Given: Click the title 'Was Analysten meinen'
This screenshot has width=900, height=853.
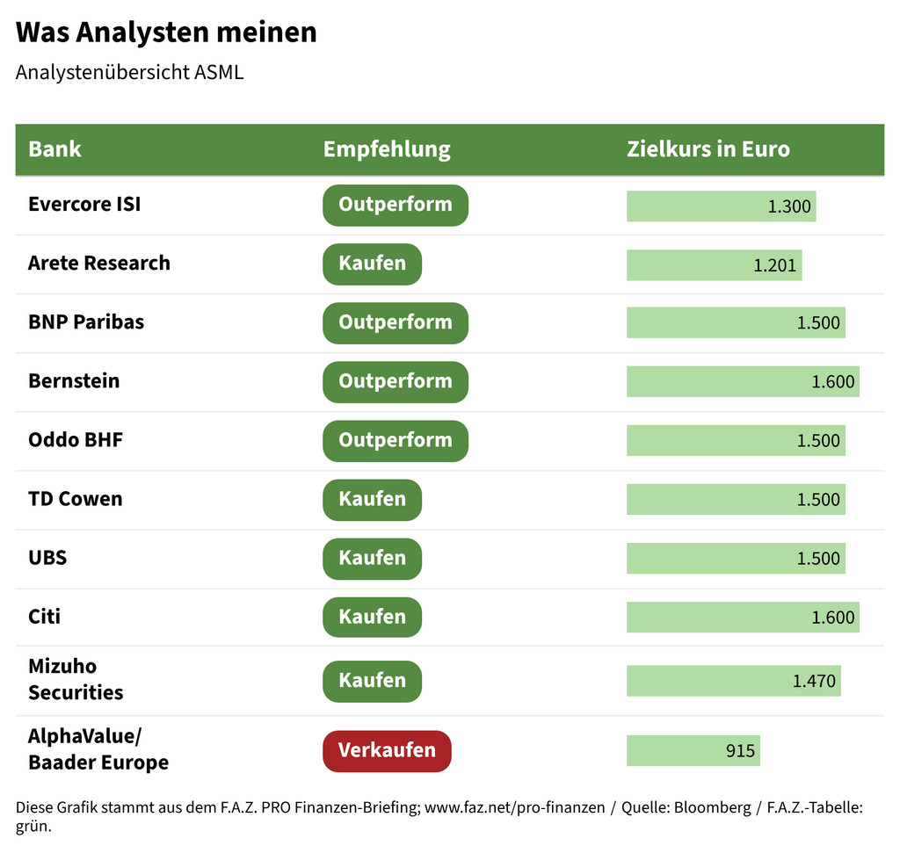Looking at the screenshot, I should click(166, 33).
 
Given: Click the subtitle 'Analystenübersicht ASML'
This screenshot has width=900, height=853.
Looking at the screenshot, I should click(129, 72).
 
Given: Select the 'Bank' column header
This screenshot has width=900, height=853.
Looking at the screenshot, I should click(54, 148).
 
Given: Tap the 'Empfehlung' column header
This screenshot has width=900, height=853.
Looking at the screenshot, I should click(387, 148).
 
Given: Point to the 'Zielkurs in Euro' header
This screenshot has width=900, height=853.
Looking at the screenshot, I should click(708, 148).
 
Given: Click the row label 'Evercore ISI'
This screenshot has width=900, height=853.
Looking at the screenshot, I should click(84, 204).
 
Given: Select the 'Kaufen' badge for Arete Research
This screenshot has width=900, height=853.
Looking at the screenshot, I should click(372, 264).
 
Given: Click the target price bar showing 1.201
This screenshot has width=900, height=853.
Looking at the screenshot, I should click(714, 264).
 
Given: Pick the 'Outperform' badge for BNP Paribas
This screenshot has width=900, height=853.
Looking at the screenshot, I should click(395, 322).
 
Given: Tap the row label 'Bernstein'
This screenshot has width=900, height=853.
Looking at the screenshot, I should click(74, 381).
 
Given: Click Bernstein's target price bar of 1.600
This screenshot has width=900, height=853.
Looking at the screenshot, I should click(742, 382).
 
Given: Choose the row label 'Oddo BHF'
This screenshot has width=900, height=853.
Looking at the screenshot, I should click(76, 440).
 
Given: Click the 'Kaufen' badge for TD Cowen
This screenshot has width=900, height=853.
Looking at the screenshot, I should click(372, 499).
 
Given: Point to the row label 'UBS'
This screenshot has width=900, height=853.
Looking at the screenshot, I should click(47, 558).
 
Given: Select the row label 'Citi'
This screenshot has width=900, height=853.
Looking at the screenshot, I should click(45, 617).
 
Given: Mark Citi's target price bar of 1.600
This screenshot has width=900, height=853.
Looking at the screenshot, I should click(742, 618).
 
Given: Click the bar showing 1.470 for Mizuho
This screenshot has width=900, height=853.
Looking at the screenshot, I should click(733, 681).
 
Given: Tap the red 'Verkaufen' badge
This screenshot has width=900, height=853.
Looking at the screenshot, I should click(387, 751).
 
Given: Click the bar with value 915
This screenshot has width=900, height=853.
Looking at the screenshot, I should click(693, 751).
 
